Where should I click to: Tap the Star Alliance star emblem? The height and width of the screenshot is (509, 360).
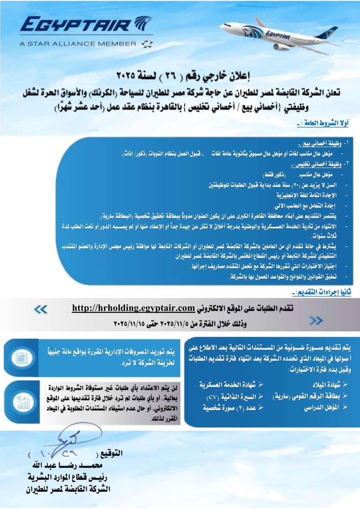(x=146, y=44)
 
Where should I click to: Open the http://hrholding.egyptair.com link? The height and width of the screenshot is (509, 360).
(x=133, y=308)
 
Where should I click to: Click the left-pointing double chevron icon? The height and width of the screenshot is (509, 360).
(x=41, y=309)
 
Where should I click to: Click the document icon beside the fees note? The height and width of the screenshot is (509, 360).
(x=22, y=358)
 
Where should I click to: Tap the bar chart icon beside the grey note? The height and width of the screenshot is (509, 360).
(x=22, y=402)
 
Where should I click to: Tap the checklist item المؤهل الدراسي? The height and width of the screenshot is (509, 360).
(x=321, y=407)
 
